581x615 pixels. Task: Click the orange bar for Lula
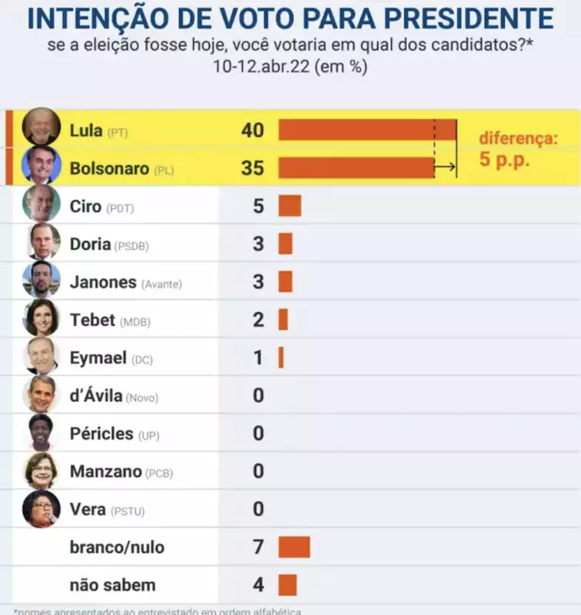coord(367,130)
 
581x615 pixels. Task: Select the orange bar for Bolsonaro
coord(356,168)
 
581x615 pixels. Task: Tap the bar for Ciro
coord(290,206)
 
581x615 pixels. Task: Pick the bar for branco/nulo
coord(294,547)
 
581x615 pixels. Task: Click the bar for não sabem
coord(287,585)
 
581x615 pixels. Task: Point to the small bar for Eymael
coord(281,357)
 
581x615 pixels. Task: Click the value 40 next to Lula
coord(252,130)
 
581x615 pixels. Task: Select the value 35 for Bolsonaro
coord(252,168)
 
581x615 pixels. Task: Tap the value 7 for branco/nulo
coord(258,547)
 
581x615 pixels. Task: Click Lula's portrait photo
coord(41,127)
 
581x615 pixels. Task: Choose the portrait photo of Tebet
coord(41,319)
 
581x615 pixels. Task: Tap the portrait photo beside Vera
coord(41,509)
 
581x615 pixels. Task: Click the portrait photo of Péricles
coord(41,433)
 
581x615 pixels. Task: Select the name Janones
coord(102,282)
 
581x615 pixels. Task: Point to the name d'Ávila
coord(96,396)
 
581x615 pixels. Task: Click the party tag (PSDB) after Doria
coord(131,246)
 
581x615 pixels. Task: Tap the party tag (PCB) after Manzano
coord(159,474)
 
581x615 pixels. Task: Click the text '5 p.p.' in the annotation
coord(505,162)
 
